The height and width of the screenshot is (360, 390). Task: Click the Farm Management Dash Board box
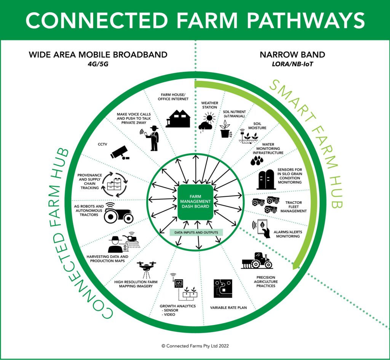(196, 201)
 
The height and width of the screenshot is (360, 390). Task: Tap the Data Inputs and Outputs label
(196, 232)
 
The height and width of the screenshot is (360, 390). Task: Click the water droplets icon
(256, 160)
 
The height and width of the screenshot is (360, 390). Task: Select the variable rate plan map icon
(223, 288)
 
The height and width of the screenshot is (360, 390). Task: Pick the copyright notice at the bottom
(195, 346)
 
